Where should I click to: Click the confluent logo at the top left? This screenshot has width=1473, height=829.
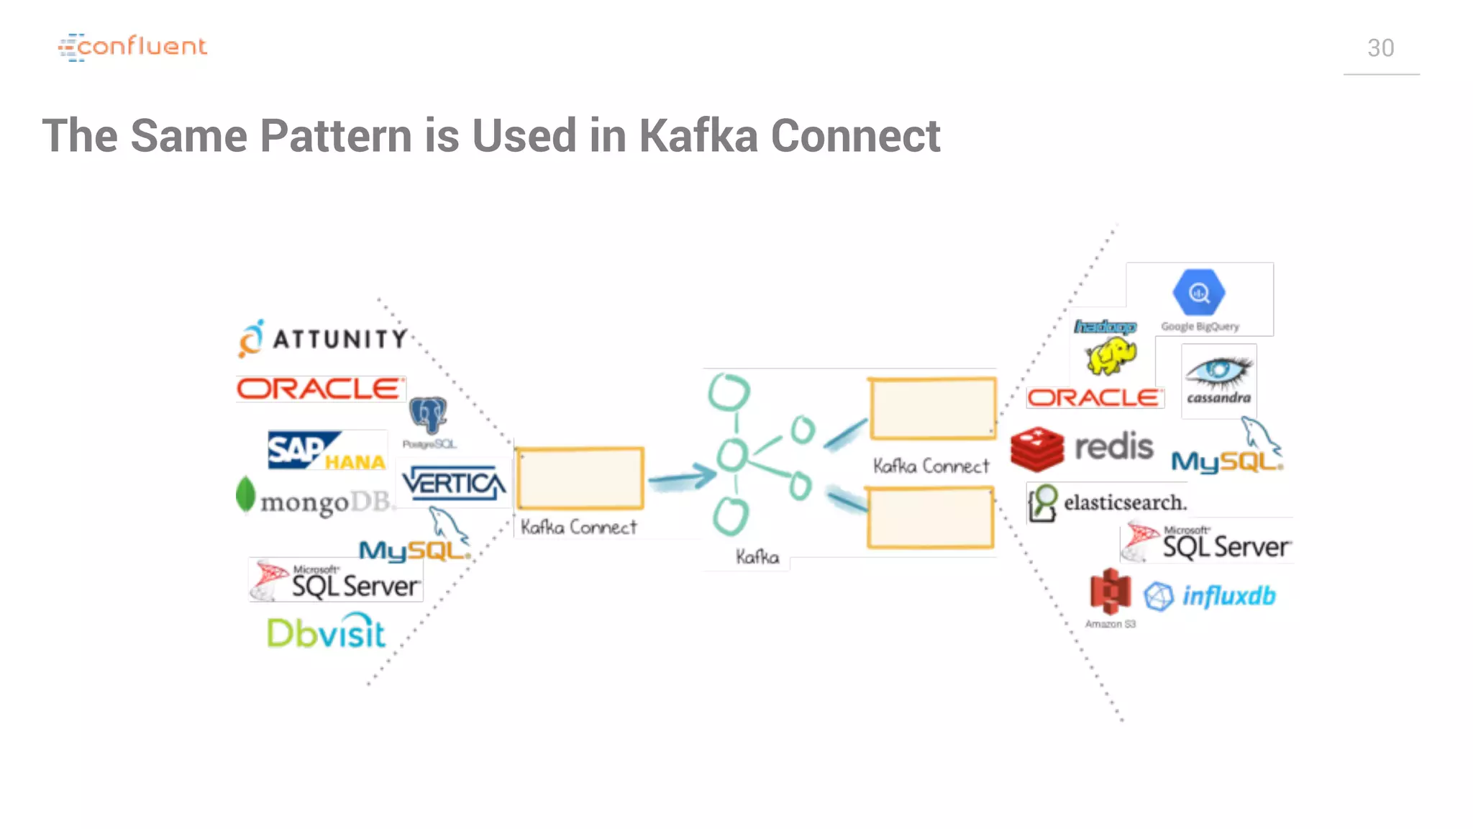tap(132, 47)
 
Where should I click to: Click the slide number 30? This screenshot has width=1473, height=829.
tap(1380, 48)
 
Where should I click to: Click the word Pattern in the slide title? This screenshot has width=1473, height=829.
tap(335, 135)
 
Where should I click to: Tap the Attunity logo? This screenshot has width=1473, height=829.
tap(324, 338)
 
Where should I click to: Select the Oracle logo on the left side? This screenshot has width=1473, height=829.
tap(320, 389)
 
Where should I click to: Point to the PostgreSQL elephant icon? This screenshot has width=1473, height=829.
tap(428, 415)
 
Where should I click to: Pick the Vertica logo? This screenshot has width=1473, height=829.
tap(453, 483)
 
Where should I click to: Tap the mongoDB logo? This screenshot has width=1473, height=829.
tap(316, 499)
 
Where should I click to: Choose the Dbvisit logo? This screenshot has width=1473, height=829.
tap(326, 632)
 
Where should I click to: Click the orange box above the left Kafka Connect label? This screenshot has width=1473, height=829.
tap(580, 478)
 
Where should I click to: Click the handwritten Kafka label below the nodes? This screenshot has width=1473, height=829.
tap(757, 557)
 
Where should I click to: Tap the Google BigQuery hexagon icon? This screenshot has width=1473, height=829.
tap(1198, 292)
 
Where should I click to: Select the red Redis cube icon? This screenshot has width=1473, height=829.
tap(1036, 448)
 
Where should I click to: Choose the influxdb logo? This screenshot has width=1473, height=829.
tap(1210, 596)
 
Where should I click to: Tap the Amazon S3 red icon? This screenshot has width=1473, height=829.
tap(1110, 592)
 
